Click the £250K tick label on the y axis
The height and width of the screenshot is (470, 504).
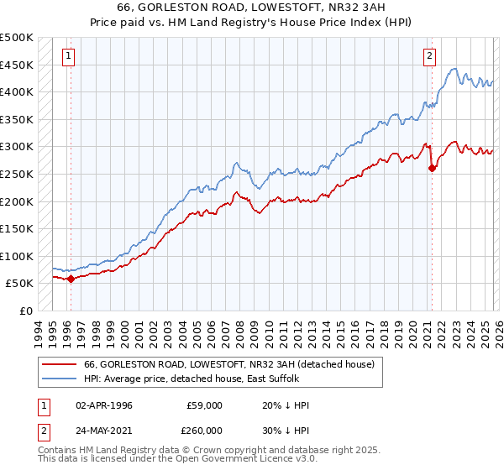coord(17,175)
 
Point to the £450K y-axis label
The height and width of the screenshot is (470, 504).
coord(17,65)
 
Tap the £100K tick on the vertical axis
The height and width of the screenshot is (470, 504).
coord(17,256)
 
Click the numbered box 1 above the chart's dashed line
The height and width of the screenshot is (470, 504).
coord(68,56)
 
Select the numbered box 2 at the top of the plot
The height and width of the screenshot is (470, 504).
coord(429,56)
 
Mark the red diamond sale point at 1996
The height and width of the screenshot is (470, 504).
coord(71,279)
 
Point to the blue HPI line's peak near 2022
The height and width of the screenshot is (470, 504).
coord(454,69)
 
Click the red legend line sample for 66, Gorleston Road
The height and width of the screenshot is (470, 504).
coord(60,364)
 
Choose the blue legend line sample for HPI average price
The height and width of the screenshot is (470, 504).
coord(60,379)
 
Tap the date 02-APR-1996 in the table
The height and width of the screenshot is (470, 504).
coord(104,405)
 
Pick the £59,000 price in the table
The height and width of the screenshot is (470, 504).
coord(205,405)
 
